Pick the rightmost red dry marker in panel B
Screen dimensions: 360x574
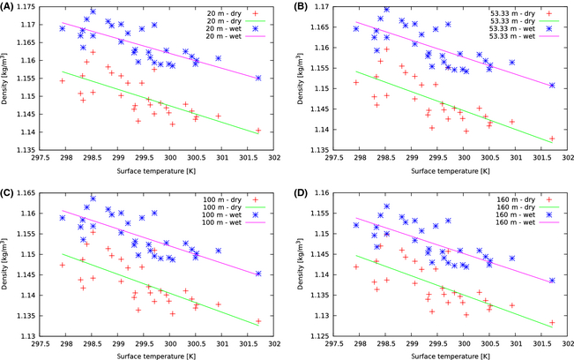pyautogui.click(x=552, y=139)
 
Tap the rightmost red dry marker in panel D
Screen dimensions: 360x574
pyautogui.click(x=552, y=323)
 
